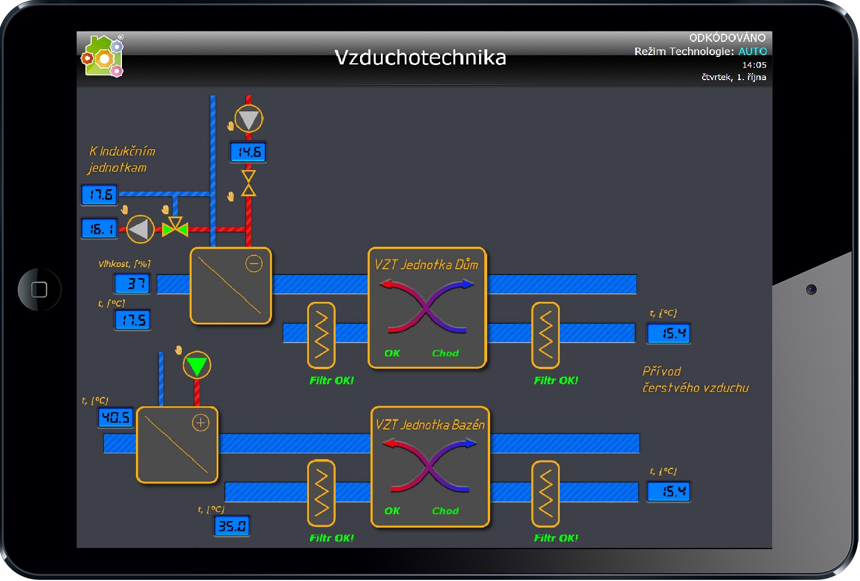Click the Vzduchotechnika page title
420,57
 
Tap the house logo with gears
103,56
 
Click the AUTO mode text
752,52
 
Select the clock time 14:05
754,65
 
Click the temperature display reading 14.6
249,152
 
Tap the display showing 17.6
100,194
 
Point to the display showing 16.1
100,229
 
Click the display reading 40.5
116,417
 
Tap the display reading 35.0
232,526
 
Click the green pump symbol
197,366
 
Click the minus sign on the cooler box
254,264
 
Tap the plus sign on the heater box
200,423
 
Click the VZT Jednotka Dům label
426,265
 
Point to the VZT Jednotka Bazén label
430,425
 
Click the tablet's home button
39,289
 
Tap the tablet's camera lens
811,289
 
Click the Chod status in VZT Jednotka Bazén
445,511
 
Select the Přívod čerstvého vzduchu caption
695,380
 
